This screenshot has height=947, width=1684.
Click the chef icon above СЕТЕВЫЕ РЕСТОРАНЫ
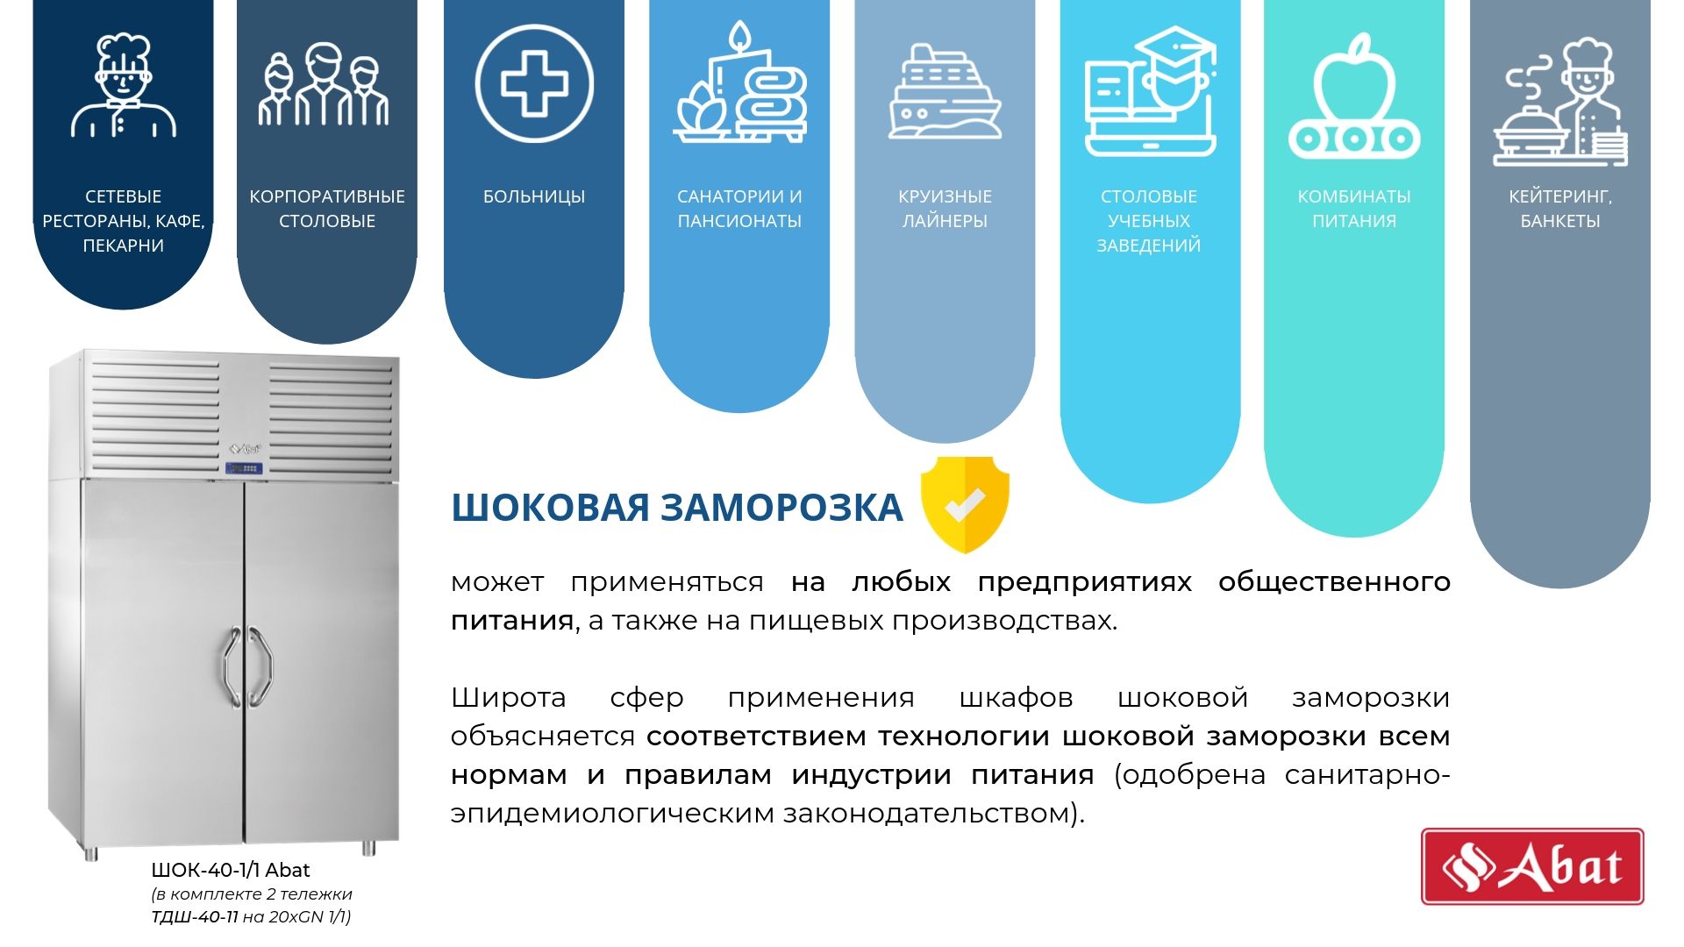pyautogui.click(x=124, y=86)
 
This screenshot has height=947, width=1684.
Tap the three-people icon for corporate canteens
pyautogui.click(x=324, y=84)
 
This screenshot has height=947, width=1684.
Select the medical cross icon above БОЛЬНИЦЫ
pyautogui.click(x=534, y=84)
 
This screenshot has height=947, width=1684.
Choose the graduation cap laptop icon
pyautogui.click(x=1150, y=91)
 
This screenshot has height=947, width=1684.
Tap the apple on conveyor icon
pyautogui.click(x=1354, y=96)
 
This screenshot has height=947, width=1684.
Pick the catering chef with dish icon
pyautogui.click(x=1560, y=102)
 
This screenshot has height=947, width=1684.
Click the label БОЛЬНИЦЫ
pyautogui.click(x=534, y=196)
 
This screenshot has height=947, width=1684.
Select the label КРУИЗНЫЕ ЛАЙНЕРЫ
pyautogui.click(x=945, y=209)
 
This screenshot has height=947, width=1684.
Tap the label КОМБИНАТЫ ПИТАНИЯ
pyautogui.click(x=1354, y=209)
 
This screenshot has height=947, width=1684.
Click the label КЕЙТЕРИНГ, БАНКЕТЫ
pyautogui.click(x=1560, y=209)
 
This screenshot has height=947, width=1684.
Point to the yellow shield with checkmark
pyautogui.click(x=965, y=504)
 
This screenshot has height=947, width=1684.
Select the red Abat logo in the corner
pyautogui.click(x=1532, y=866)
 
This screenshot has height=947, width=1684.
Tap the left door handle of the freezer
pyautogui.click(x=230, y=666)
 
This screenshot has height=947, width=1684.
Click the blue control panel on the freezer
pyautogui.click(x=245, y=468)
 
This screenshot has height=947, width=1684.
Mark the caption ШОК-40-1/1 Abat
pyautogui.click(x=231, y=870)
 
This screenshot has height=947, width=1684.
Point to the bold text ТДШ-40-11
pyautogui.click(x=195, y=917)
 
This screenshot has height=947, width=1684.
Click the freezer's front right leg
pyautogui.click(x=369, y=848)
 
